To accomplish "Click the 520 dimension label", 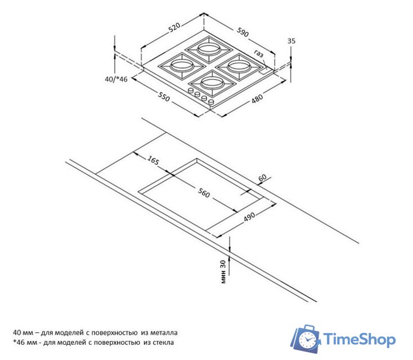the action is coord(174,28).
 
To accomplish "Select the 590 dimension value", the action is coord(243,32).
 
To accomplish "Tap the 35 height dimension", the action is coord(291,41).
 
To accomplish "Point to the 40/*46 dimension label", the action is coord(116,79).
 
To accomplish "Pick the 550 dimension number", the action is coord(164,97).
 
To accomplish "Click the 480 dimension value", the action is coord(257,98).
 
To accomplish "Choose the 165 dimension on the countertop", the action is coord(153,160).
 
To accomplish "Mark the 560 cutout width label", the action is coord(204,193).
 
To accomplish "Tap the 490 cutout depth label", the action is coord(249,217).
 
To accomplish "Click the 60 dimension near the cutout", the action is coord(262,178).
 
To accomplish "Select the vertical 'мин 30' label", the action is coord(223,272).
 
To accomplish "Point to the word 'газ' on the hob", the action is coord(259,53).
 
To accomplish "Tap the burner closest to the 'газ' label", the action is coord(239,66).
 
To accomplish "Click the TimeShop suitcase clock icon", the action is coord(306,339).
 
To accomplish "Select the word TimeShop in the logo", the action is coord(360,339).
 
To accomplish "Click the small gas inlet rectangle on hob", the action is coord(264,71).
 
